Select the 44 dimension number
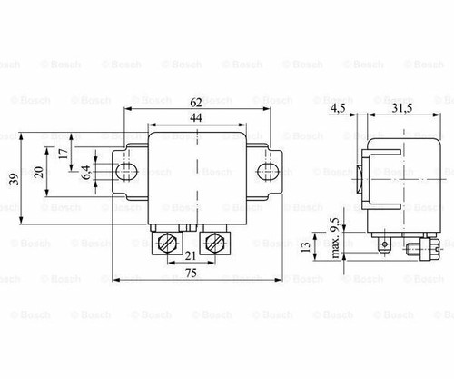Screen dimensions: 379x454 point(196,119)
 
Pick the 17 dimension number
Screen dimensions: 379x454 point(63,154)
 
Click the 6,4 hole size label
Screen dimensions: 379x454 point(85,170)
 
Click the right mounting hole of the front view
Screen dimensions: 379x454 point(266,170)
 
